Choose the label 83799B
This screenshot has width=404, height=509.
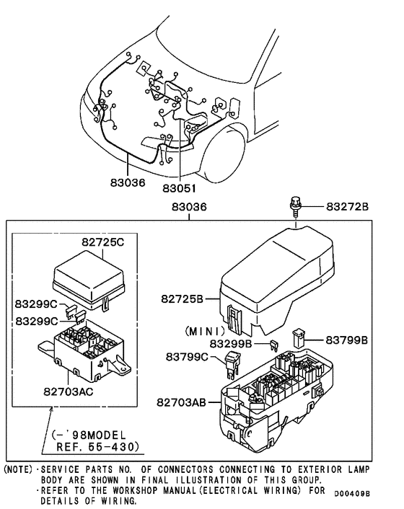click(x=346, y=339)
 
